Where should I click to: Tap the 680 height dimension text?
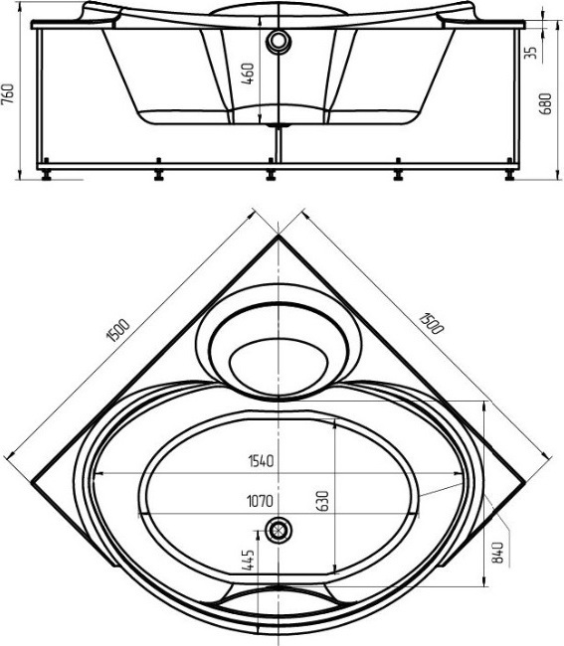click(545, 103)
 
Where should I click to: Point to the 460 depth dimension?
click(248, 74)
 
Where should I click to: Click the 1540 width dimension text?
click(261, 461)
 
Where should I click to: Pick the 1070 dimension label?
click(260, 501)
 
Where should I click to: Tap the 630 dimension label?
click(323, 501)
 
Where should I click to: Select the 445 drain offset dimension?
click(248, 560)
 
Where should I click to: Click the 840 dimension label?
click(497, 553)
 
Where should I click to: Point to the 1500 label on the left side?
click(118, 330)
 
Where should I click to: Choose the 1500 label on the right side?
click(432, 323)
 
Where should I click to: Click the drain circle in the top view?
click(279, 530)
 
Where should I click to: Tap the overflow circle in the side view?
click(279, 41)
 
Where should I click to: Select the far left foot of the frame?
click(46, 170)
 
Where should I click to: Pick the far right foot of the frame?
click(510, 170)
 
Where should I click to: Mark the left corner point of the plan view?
click(32, 481)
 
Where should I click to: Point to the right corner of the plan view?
click(525, 481)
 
